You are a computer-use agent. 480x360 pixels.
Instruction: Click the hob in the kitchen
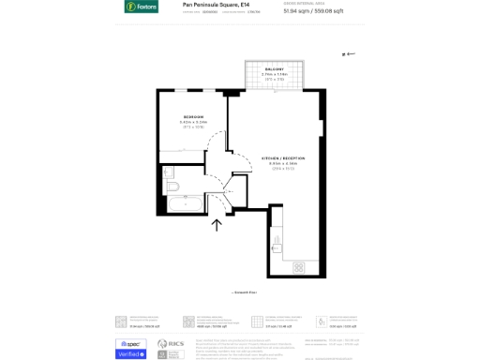[x=298, y=266]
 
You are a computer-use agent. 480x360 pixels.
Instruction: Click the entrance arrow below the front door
[x=217, y=225]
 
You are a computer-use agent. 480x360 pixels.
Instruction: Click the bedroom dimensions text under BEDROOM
[x=193, y=125]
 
